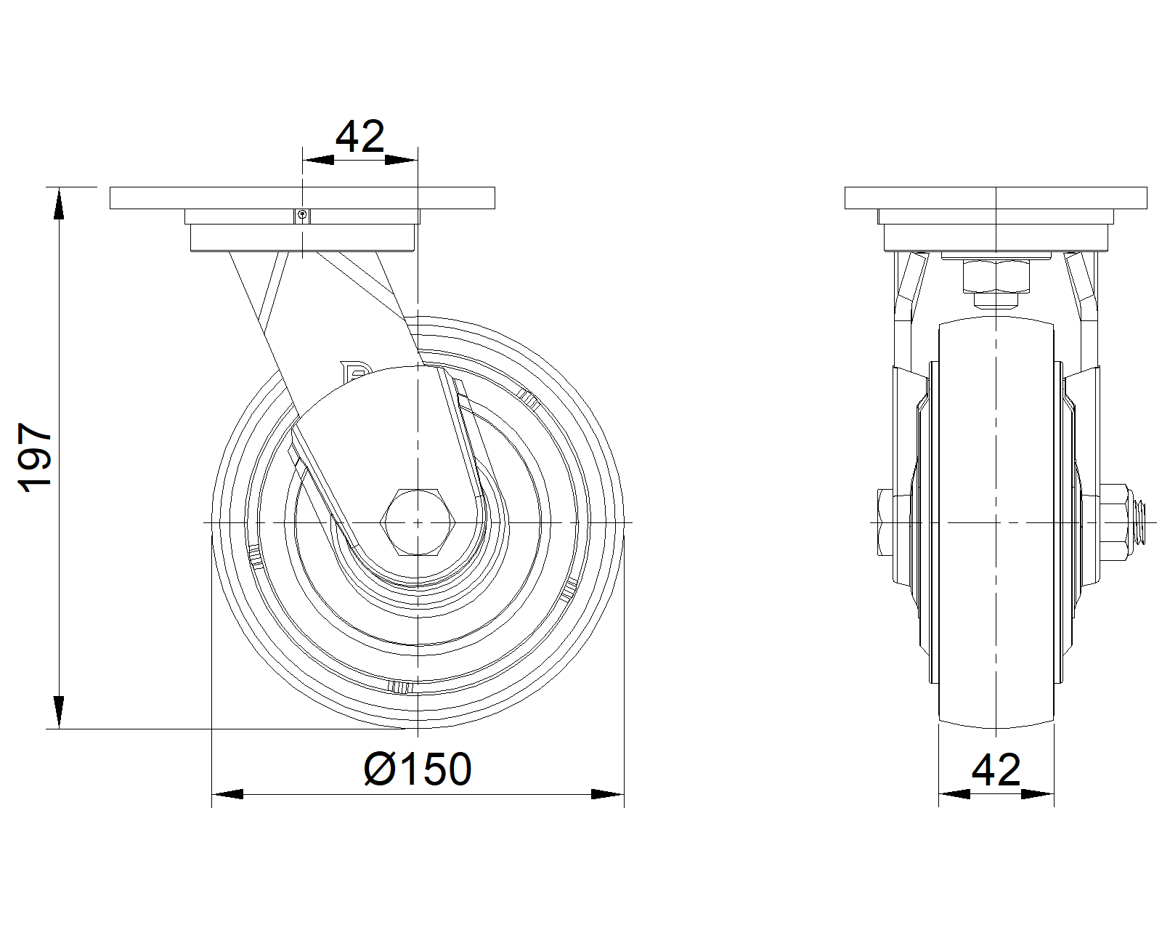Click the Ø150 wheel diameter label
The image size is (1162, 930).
tap(418, 769)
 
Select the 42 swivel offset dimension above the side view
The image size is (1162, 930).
tap(360, 136)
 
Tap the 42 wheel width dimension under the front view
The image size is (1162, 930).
tap(996, 770)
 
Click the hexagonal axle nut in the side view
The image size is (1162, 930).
tap(418, 522)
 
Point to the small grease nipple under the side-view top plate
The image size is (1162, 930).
tap(302, 217)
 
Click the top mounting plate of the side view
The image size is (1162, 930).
tap(302, 198)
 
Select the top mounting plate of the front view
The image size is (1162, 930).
tap(996, 198)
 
